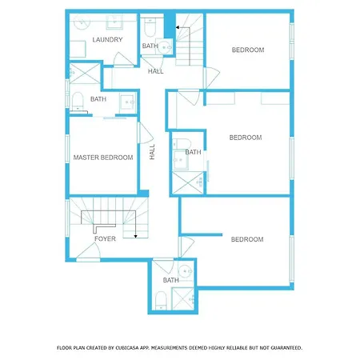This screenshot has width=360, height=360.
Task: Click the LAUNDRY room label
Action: tap(107, 40)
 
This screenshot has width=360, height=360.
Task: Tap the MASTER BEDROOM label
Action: tap(103, 158)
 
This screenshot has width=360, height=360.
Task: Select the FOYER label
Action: tap(105, 238)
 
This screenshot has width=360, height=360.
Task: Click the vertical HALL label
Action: tap(152, 152)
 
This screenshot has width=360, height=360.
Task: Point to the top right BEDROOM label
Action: tap(248, 50)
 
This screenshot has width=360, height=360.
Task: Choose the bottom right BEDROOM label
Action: tap(247, 239)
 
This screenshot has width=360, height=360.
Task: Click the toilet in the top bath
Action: tap(150, 28)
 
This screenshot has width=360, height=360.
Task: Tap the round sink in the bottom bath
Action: tap(185, 271)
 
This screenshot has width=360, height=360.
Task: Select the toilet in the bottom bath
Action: tap(161, 301)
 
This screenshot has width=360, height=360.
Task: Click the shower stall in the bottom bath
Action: tap(183, 298)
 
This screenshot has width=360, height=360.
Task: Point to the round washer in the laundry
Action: tap(82, 22)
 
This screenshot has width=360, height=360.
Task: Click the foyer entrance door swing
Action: tap(88, 252)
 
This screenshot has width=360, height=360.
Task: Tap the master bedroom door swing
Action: tap(146, 133)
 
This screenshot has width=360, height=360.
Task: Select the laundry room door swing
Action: tap(123, 59)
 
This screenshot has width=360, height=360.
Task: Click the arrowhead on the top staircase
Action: tap(178, 27)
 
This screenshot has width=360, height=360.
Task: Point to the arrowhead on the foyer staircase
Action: tap(135, 236)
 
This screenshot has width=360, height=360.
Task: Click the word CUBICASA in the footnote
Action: tap(126, 348)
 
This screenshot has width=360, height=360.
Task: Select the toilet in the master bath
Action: tap(78, 102)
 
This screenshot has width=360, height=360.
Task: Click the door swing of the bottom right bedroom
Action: tap(186, 247)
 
